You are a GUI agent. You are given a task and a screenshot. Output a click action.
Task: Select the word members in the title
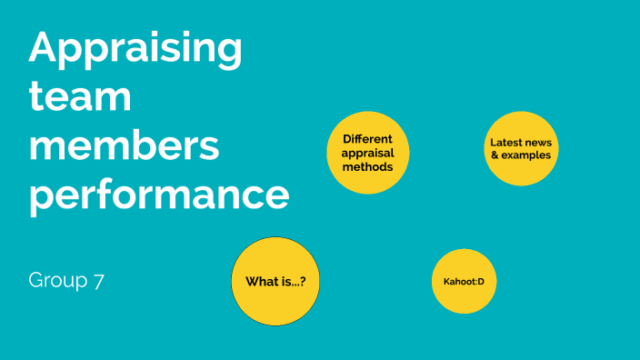(124, 145)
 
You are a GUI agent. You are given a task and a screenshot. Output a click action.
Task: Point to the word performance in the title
(159, 195)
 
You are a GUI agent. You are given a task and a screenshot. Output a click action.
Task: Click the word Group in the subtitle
(56, 281)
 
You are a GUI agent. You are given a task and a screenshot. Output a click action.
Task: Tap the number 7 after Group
(97, 281)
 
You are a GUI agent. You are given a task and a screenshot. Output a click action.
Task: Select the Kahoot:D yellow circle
(464, 281)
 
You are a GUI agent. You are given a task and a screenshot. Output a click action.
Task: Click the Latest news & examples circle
(520, 148)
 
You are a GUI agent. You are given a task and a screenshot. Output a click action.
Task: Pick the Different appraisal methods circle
(367, 153)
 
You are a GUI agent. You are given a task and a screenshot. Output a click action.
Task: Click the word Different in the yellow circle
(367, 139)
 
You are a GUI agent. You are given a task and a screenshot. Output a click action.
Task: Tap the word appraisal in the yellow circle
(367, 153)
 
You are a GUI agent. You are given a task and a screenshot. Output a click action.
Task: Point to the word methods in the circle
(367, 167)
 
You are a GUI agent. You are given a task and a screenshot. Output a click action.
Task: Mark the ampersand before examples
(495, 155)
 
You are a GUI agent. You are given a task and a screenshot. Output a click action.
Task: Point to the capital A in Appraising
(44, 47)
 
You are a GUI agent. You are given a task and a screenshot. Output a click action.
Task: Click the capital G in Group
(35, 281)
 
